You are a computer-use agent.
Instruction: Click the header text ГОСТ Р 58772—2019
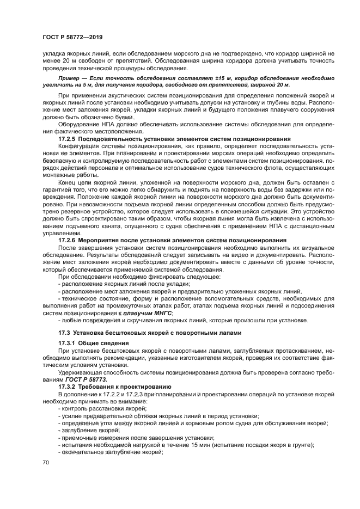click(72, 38)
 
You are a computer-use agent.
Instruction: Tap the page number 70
click(46, 462)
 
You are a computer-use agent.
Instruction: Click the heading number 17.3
click(65, 332)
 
